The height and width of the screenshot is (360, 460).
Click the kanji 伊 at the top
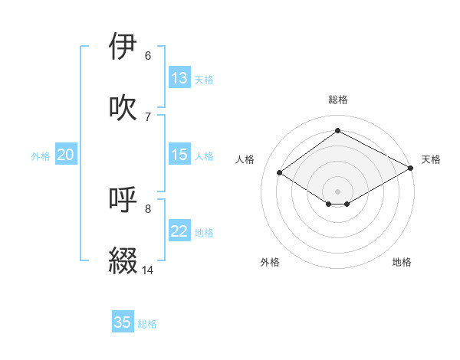123,47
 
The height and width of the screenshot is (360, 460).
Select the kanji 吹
123,107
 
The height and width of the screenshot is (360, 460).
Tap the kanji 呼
123,200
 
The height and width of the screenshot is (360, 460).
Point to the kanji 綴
123,260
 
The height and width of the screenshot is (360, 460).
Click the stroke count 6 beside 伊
148,56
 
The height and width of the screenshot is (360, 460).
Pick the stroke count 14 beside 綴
148,270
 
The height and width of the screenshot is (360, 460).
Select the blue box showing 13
179,78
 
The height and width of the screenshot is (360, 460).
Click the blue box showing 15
179,155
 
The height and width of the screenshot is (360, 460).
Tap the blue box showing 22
179,231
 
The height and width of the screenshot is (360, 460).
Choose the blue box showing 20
66,155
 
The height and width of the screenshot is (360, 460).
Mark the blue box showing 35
123,322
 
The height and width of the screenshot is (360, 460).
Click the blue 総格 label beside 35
148,324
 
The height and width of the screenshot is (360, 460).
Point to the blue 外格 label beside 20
41,156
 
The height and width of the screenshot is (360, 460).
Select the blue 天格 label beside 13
204,80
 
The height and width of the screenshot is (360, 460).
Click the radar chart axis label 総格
338,100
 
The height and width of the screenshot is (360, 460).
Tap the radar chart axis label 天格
431,159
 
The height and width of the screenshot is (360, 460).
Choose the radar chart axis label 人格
245,159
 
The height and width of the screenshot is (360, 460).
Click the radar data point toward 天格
412,168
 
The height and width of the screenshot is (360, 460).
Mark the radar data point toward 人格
280,173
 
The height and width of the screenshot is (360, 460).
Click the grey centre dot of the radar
338,191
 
